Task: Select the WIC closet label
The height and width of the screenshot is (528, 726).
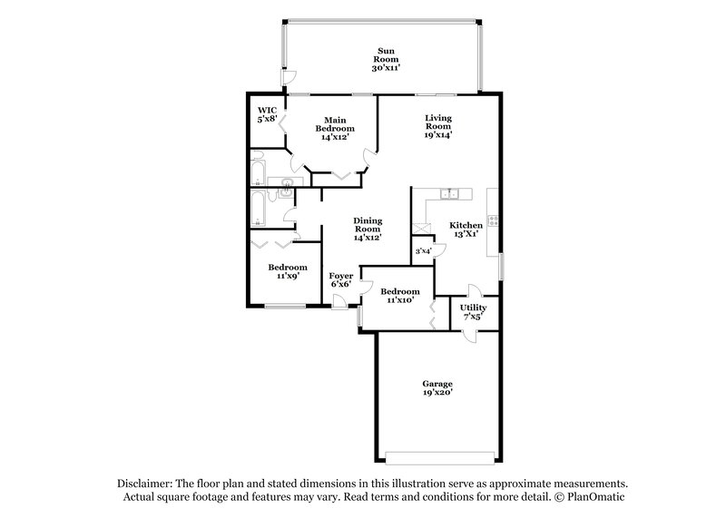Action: tap(268, 111)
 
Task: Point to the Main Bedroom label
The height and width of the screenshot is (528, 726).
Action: tap(335, 123)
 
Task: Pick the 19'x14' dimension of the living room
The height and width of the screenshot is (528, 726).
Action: tap(439, 134)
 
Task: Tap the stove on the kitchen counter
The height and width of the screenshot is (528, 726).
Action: tap(493, 220)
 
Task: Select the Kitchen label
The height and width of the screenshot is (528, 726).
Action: tap(467, 225)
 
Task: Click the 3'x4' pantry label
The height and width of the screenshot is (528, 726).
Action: tap(423, 251)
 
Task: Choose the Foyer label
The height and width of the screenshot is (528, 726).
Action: tap(341, 275)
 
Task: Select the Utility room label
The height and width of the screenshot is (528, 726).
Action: tap(473, 308)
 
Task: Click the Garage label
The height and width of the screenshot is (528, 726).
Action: tap(437, 384)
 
